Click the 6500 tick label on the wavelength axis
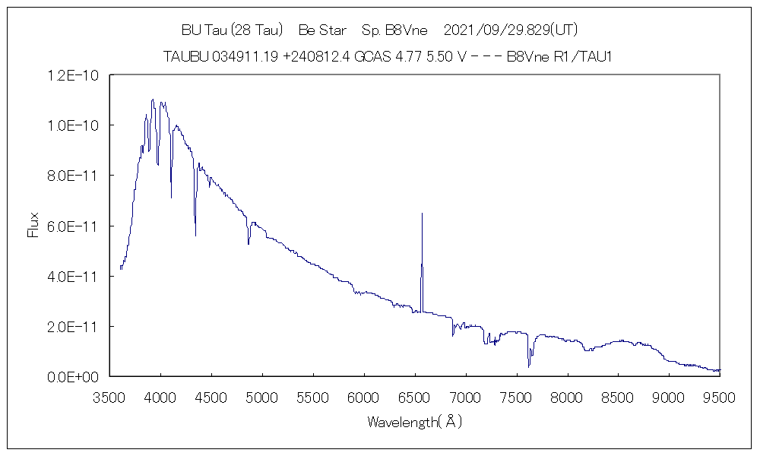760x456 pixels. pyautogui.click(x=415, y=396)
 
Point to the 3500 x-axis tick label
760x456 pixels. pyautogui.click(x=109, y=396)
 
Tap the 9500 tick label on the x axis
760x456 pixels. pyautogui.click(x=720, y=396)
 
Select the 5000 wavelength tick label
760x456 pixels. pyautogui.click(x=262, y=396)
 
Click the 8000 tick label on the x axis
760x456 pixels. pyautogui.click(x=568, y=396)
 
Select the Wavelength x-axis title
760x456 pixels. pyautogui.click(x=414, y=421)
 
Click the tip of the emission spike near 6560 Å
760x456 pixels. pyautogui.click(x=422, y=214)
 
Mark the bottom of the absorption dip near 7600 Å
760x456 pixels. pyautogui.click(x=529, y=367)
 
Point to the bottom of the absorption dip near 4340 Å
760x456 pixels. pyautogui.click(x=196, y=236)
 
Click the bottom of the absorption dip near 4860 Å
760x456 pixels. pyautogui.click(x=249, y=244)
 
